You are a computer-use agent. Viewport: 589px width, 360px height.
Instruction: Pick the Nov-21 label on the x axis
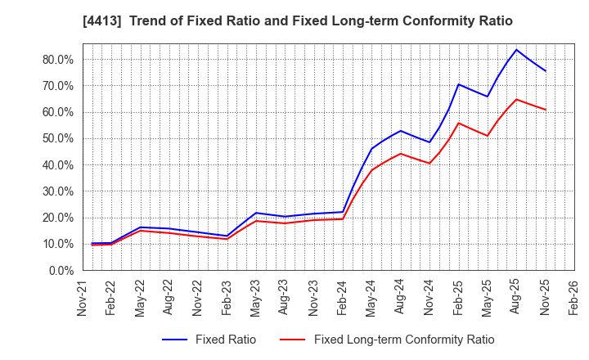tap(83, 297)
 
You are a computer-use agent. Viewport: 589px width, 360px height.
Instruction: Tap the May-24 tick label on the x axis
tap(371, 297)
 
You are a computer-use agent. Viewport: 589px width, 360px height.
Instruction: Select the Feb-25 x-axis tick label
tap(458, 297)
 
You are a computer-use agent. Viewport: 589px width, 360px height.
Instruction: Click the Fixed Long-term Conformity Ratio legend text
tap(404, 340)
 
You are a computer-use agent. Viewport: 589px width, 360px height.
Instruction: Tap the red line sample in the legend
tap(292, 340)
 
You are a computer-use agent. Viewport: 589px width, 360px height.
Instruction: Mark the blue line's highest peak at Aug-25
tap(516, 49)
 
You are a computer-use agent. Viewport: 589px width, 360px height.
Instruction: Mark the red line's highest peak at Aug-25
tap(516, 99)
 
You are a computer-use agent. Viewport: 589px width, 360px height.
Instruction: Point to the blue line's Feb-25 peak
tap(458, 84)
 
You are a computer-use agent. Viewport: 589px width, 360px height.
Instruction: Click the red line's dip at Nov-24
tap(429, 163)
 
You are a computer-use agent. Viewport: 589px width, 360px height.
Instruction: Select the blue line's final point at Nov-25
tap(545, 71)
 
